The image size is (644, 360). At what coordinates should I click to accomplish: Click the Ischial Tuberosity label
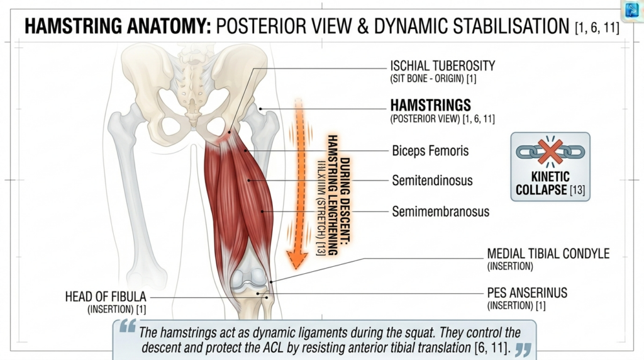pyautogui.click(x=442, y=65)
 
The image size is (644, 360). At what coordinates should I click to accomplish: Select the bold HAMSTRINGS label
pyautogui.click(x=430, y=105)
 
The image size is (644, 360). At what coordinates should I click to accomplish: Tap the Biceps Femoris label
pyautogui.click(x=430, y=151)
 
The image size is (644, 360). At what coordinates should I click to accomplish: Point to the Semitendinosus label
pyautogui.click(x=432, y=181)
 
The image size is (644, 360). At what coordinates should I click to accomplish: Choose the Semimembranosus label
pyautogui.click(x=440, y=211)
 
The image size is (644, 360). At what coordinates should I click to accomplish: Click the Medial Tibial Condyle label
pyautogui.click(x=548, y=254)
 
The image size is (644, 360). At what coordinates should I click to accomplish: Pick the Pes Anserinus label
pyautogui.click(x=527, y=293)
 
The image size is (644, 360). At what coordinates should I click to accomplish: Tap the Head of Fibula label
pyautogui.click(x=105, y=296)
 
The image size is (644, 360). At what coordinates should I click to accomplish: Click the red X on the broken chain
pyautogui.click(x=550, y=153)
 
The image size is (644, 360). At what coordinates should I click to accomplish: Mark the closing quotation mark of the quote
pyautogui.click(x=523, y=348)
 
